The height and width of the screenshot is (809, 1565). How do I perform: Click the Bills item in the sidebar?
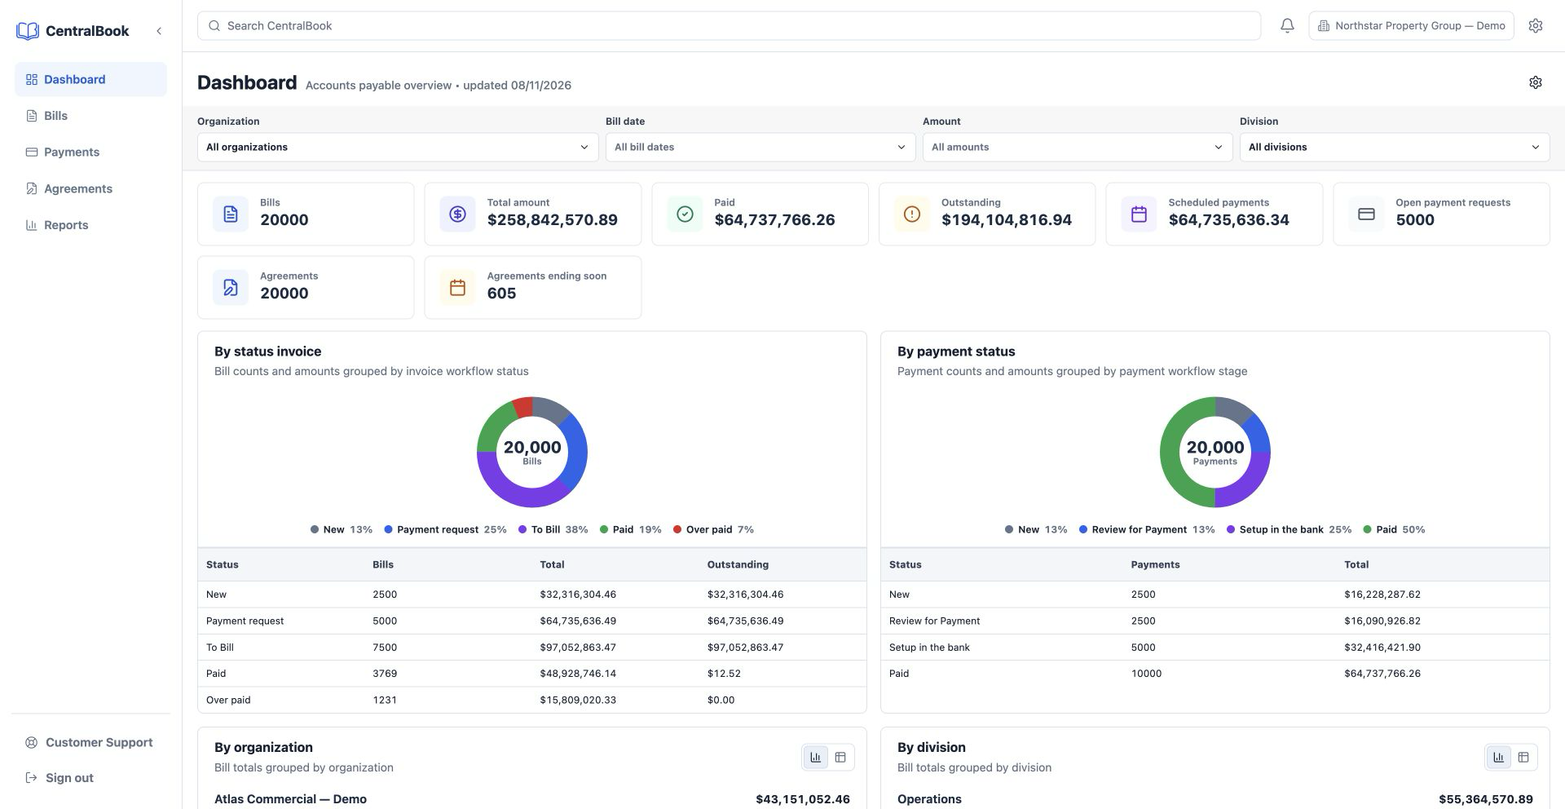click(55, 116)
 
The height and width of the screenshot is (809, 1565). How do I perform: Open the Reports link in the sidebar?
click(66, 225)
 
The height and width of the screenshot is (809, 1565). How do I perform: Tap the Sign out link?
click(69, 778)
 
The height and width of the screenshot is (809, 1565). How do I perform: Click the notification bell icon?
click(1287, 26)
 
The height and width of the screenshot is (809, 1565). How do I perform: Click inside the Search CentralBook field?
click(729, 26)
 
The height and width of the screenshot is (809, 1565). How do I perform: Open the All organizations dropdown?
click(398, 148)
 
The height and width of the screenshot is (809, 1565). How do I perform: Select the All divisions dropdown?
click(1394, 148)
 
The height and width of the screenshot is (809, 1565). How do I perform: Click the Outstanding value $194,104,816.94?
click(1007, 220)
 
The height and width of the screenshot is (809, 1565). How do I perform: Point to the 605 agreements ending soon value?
click(501, 294)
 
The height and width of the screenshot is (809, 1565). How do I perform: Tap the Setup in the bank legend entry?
click(1289, 530)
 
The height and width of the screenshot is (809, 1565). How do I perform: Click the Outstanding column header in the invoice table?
click(738, 564)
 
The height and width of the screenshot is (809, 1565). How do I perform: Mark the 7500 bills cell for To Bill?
click(385, 648)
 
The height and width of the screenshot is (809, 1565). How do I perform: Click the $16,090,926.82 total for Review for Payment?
click(1382, 621)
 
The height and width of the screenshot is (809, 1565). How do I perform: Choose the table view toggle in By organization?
click(840, 758)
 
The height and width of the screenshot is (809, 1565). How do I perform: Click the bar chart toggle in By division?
click(1498, 758)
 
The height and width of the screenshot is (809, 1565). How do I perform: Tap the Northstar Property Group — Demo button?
click(1411, 26)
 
